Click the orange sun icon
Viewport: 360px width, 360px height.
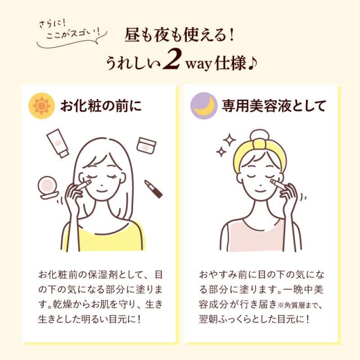click(x=42, y=106)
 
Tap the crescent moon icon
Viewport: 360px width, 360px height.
click(x=204, y=106)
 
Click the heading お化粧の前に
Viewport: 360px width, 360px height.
click(x=101, y=106)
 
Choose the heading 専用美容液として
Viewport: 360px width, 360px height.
click(x=274, y=106)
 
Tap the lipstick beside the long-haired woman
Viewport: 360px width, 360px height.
click(x=154, y=189)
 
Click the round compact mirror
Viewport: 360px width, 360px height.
click(x=48, y=187)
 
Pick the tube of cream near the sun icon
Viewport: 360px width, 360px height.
click(x=57, y=143)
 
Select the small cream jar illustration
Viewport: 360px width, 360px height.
click(x=146, y=145)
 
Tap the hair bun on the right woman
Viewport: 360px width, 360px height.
click(x=259, y=136)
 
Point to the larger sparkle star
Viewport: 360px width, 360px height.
click(x=229, y=140)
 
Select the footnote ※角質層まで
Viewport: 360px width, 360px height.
click(x=300, y=305)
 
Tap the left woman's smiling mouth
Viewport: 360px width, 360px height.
click(x=101, y=191)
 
